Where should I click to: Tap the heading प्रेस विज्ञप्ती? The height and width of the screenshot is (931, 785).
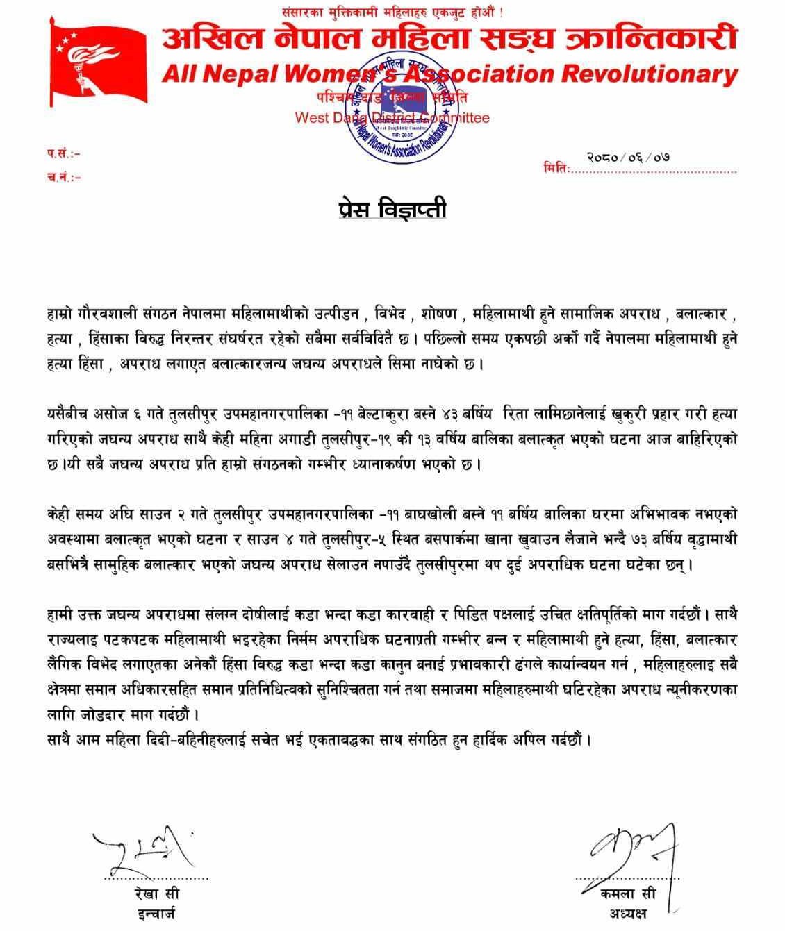tap(388, 209)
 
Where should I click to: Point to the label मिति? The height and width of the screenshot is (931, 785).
tap(556, 169)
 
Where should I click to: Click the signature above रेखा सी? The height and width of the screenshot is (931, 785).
tap(142, 848)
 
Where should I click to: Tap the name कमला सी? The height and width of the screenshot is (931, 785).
tap(628, 895)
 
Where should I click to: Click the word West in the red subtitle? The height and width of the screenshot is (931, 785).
tap(312, 118)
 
